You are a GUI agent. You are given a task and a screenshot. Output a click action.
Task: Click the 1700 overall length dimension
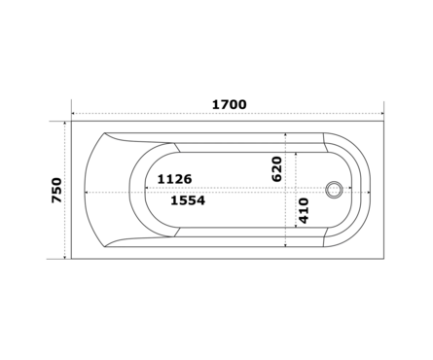pos(230,104)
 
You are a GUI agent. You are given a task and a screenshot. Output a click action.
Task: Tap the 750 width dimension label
pos(56,190)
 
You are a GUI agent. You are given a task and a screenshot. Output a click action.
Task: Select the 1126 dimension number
pos(174,179)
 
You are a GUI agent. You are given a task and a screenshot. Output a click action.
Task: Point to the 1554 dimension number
pos(188,200)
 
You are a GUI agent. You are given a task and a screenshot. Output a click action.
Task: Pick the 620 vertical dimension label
pos(276,169)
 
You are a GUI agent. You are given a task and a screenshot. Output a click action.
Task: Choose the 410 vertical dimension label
pos(304,211)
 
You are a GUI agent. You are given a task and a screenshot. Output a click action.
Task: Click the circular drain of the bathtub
pos(334,190)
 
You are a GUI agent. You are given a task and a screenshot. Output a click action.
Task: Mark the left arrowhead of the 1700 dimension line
pos(73,114)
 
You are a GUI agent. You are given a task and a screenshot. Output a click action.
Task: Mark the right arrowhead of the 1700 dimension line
pos(382,114)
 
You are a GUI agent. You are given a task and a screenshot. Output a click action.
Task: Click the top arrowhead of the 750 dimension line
pos(65,124)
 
